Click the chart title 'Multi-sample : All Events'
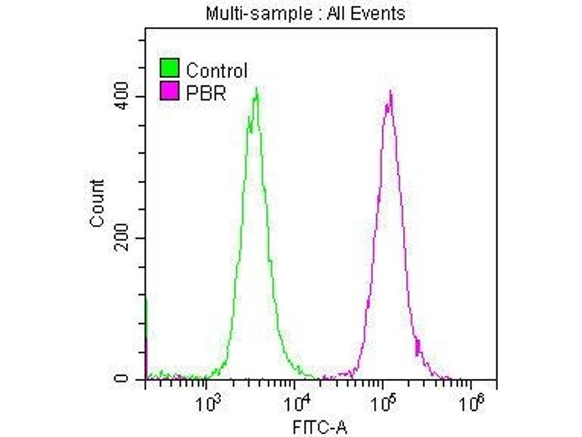point(306,13)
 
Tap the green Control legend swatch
point(169,70)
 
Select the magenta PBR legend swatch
point(169,91)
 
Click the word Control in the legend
point(216,71)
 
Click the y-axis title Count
point(97,203)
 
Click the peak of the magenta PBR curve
point(391,92)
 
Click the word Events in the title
point(379,13)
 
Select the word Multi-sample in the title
point(245,13)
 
